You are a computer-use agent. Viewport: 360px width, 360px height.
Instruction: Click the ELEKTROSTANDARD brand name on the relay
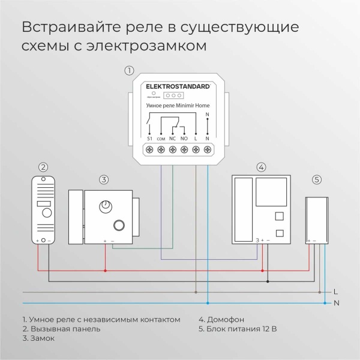(x=179, y=86)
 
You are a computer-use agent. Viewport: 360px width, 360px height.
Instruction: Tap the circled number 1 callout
(x=128, y=70)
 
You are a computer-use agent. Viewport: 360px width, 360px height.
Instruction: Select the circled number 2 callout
(x=43, y=167)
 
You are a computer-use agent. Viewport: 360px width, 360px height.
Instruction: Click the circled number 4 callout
(x=260, y=167)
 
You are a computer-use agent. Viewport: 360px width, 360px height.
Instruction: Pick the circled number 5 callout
(x=317, y=179)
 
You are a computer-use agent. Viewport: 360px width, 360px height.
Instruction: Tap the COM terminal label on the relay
(x=161, y=138)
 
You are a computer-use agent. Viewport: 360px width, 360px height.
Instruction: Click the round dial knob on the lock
(x=107, y=206)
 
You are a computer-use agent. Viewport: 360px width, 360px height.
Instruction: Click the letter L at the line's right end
(x=335, y=292)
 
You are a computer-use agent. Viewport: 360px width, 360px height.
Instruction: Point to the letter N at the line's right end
(x=336, y=303)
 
